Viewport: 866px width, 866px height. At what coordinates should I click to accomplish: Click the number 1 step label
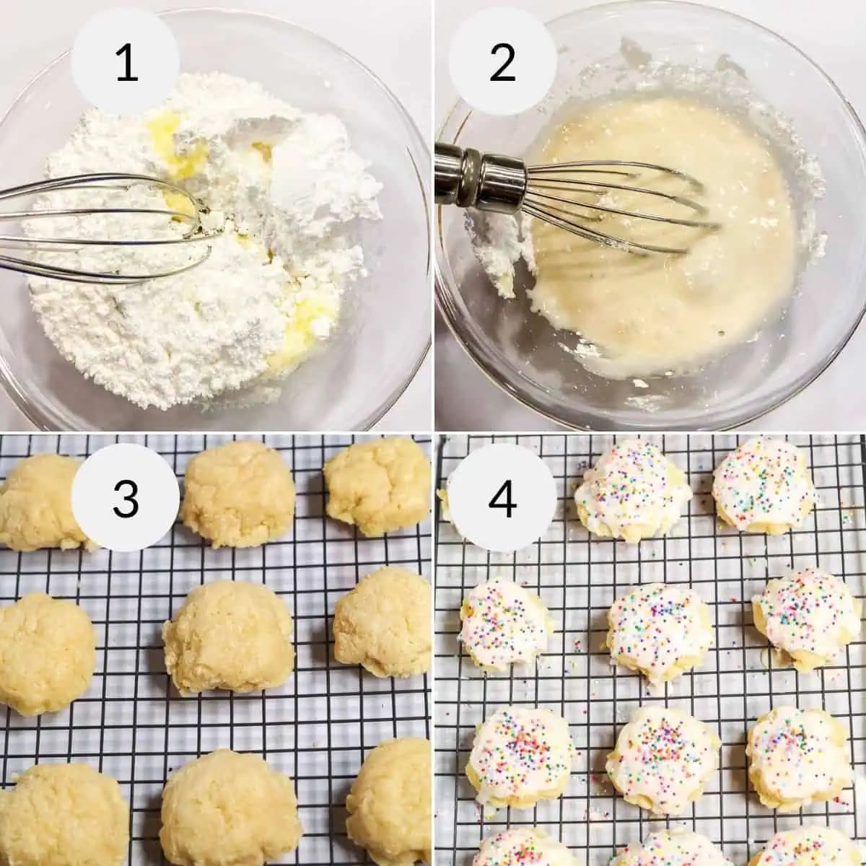(126, 64)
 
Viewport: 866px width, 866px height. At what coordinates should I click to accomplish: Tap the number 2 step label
(502, 64)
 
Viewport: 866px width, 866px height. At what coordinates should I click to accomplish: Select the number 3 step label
(126, 499)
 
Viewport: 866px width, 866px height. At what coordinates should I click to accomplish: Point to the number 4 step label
(502, 499)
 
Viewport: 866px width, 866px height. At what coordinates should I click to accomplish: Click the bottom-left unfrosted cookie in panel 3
(61, 815)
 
